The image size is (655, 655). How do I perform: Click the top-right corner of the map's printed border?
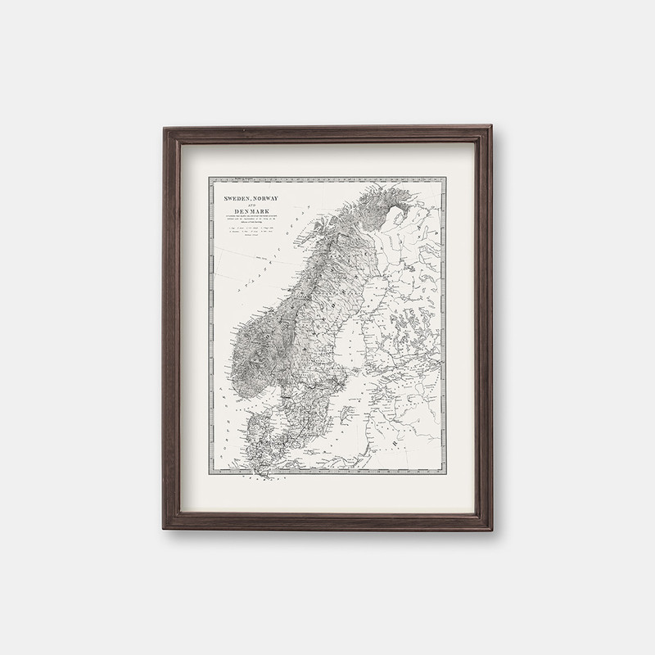447,177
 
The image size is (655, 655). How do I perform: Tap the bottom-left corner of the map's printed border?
208,473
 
